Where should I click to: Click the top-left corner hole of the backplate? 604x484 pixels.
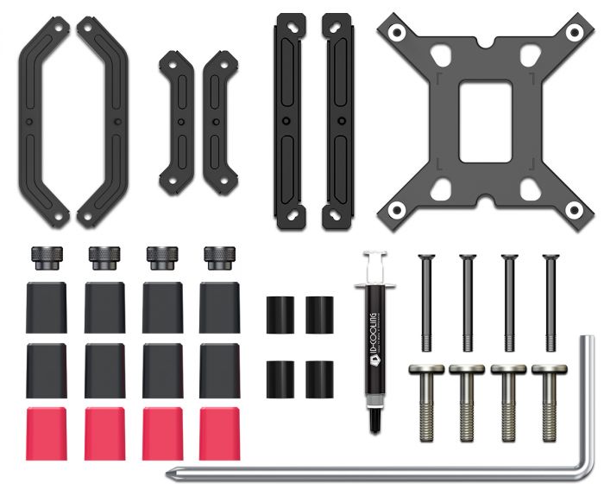point(396,32)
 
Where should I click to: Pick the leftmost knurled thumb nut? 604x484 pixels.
point(45,257)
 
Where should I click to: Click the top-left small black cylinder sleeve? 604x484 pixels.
point(279,315)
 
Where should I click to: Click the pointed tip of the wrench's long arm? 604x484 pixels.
point(175,472)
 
